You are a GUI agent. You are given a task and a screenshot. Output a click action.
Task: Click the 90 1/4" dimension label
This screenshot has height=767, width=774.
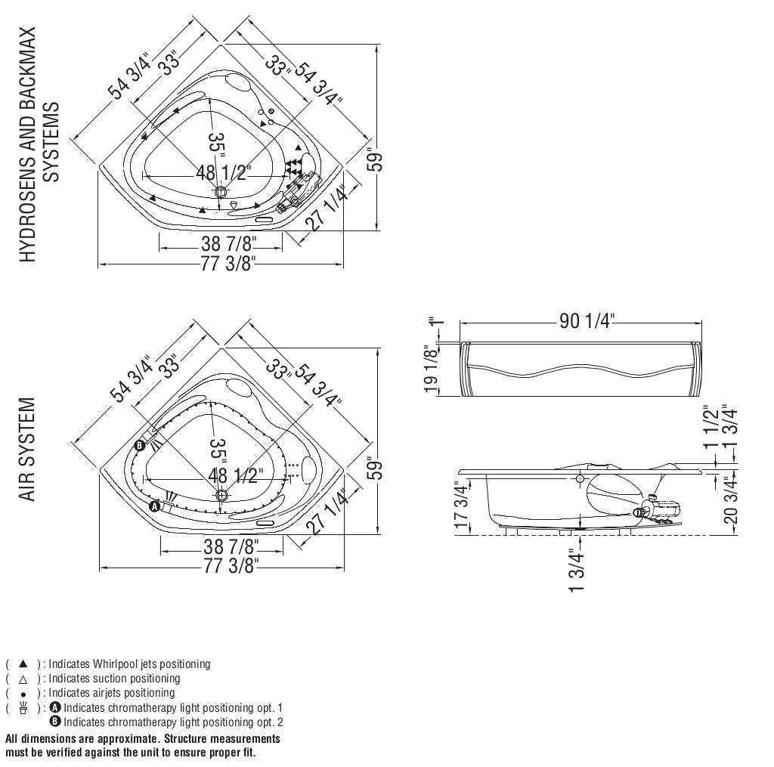click(x=587, y=322)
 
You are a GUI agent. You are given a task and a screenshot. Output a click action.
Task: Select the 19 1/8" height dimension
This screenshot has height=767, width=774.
click(x=432, y=370)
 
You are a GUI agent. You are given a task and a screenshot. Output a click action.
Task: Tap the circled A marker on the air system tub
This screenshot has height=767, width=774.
click(x=155, y=506)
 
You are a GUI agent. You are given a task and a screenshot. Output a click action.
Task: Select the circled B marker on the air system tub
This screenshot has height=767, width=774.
click(x=139, y=445)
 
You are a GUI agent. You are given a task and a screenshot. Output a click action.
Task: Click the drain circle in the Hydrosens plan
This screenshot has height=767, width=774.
click(x=221, y=191)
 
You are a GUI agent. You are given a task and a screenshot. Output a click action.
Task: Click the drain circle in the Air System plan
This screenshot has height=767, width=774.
click(x=221, y=495)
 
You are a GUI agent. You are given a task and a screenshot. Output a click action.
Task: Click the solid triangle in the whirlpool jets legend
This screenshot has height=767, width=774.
click(x=23, y=663)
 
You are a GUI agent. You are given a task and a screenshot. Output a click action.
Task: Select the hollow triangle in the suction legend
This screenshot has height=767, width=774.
click(x=23, y=678)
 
